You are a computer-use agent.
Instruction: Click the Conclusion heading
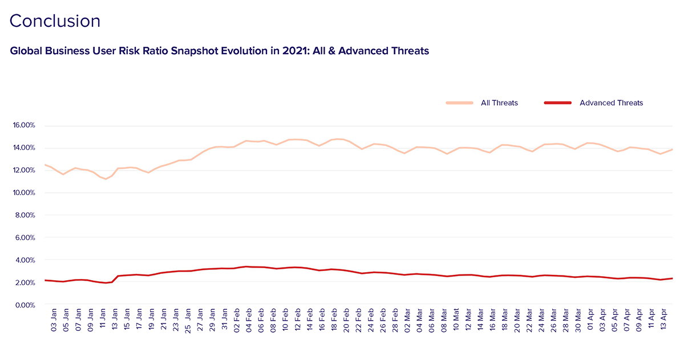point(55,21)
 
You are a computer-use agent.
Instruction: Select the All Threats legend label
point(499,103)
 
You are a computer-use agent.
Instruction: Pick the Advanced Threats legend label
point(611,103)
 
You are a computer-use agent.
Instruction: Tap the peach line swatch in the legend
point(459,103)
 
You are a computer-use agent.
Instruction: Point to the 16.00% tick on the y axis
point(23,126)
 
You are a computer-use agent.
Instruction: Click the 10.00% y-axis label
point(23,193)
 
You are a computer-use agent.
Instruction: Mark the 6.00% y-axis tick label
point(25,238)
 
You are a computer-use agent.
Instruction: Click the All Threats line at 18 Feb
point(333,139)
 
